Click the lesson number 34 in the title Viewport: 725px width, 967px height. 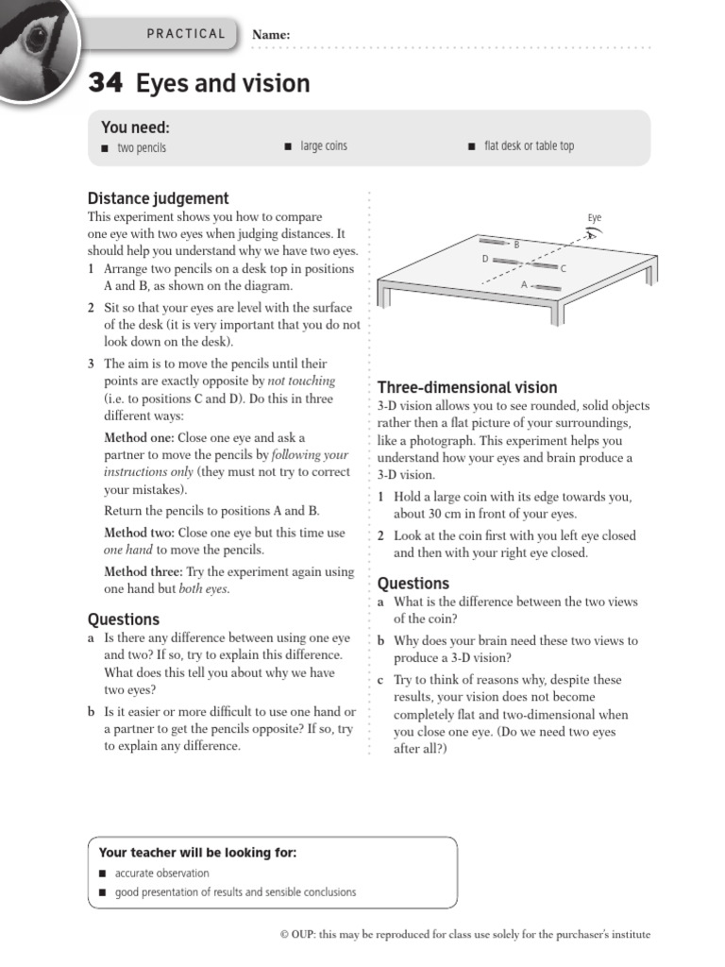[x=105, y=84]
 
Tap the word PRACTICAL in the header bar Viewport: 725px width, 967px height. [x=186, y=34]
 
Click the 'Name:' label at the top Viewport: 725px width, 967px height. [x=271, y=35]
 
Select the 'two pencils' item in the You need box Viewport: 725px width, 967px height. [x=142, y=147]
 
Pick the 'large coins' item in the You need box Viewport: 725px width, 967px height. [x=324, y=146]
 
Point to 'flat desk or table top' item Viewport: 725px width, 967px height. [x=529, y=146]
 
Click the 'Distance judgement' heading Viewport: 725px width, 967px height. [x=158, y=198]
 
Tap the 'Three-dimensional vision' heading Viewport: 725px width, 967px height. [x=467, y=387]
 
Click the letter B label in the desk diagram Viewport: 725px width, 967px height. [x=516, y=245]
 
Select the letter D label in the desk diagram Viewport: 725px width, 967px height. [x=485, y=258]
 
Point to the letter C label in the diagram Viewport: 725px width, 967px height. [x=564, y=269]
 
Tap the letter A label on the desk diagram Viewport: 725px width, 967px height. [x=524, y=284]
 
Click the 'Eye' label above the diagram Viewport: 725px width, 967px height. [x=594, y=218]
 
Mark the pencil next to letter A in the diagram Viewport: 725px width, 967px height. [x=548, y=286]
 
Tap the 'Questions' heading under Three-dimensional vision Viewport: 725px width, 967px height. [x=413, y=584]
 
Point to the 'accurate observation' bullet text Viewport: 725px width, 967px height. [x=162, y=874]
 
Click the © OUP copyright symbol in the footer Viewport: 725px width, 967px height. [x=284, y=935]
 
